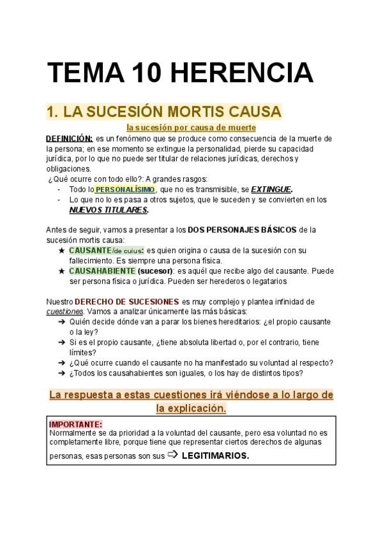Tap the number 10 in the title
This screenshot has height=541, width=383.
coord(141,73)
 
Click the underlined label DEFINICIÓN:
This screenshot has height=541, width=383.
coord(70,138)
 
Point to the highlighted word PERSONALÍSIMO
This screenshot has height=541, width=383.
coord(124,189)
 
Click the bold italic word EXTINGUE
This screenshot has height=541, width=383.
coord(271,189)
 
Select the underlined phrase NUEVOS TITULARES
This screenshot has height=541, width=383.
coord(108,210)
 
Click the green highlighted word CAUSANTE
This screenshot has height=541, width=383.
coord(90,251)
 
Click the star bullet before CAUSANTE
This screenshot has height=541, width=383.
coord(61,251)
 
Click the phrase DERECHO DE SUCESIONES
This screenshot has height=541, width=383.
coord(126,301)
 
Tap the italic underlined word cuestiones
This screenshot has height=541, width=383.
coord(64,311)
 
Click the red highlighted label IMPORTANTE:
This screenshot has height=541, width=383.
coord(75,424)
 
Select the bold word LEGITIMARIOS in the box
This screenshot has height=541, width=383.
coord(215,456)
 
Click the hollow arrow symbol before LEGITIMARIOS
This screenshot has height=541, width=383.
coord(172,455)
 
